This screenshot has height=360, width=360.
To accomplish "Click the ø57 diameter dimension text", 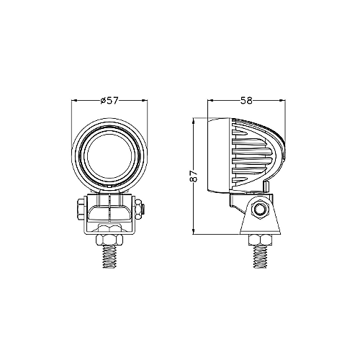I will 109,100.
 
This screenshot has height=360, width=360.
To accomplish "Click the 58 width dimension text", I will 246,100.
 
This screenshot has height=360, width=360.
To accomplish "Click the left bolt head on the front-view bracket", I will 77,210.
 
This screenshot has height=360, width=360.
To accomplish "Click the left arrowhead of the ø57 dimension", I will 75,107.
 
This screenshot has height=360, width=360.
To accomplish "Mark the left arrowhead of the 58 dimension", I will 210,107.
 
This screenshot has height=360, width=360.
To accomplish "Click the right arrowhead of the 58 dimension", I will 282,107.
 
